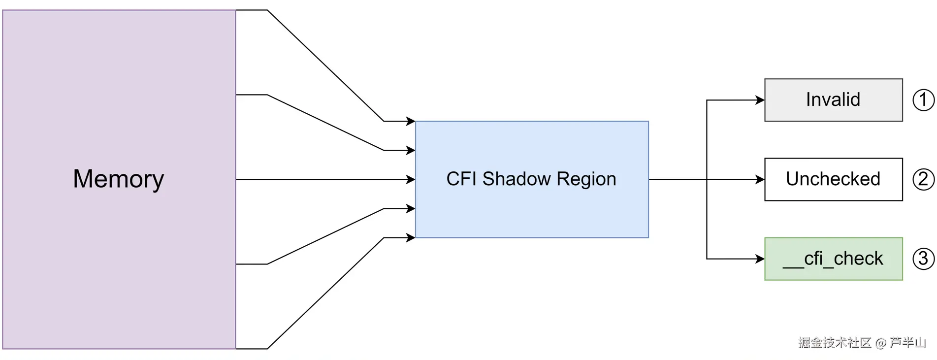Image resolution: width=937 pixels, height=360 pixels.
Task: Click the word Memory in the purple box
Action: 118,179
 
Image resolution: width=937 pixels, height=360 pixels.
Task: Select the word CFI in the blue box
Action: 462,179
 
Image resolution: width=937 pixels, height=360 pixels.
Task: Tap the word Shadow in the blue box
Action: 516,179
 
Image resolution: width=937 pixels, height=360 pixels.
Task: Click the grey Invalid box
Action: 833,100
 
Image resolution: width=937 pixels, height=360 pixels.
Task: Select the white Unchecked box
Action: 833,179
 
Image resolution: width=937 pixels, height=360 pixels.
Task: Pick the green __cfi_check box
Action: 833,259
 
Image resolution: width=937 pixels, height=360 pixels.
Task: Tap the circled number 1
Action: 923,100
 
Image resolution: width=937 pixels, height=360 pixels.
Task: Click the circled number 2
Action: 923,179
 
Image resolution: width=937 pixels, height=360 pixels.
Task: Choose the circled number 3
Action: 923,259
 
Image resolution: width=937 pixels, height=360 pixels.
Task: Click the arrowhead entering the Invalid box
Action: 760,100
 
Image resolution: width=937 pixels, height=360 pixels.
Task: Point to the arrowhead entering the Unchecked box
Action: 760,180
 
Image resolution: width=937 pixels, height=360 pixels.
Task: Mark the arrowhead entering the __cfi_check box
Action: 760,259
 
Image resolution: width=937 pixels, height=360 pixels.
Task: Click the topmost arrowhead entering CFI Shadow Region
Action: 411,121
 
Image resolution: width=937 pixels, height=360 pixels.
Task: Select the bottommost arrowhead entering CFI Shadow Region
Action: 411,238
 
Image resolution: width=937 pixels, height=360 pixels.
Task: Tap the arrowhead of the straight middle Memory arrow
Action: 411,180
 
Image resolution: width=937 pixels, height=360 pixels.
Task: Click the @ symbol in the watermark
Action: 881,343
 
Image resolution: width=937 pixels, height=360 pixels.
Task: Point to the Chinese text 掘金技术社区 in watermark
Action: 835,343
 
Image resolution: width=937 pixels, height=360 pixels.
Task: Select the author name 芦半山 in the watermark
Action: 907,343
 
